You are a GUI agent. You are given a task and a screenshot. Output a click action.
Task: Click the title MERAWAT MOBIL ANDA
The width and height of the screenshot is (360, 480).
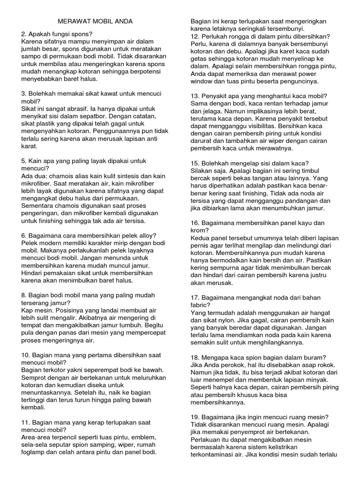point(95,22)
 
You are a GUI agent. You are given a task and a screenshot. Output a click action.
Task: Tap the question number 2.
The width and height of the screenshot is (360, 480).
point(24,34)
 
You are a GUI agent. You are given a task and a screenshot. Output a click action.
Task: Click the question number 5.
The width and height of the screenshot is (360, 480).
point(24,161)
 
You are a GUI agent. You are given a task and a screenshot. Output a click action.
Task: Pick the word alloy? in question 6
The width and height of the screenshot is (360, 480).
point(160,235)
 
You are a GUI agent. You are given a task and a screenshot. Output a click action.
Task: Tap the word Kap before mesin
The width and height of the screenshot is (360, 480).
point(27,310)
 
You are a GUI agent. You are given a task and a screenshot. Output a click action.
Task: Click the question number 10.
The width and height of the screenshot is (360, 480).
point(26,355)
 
